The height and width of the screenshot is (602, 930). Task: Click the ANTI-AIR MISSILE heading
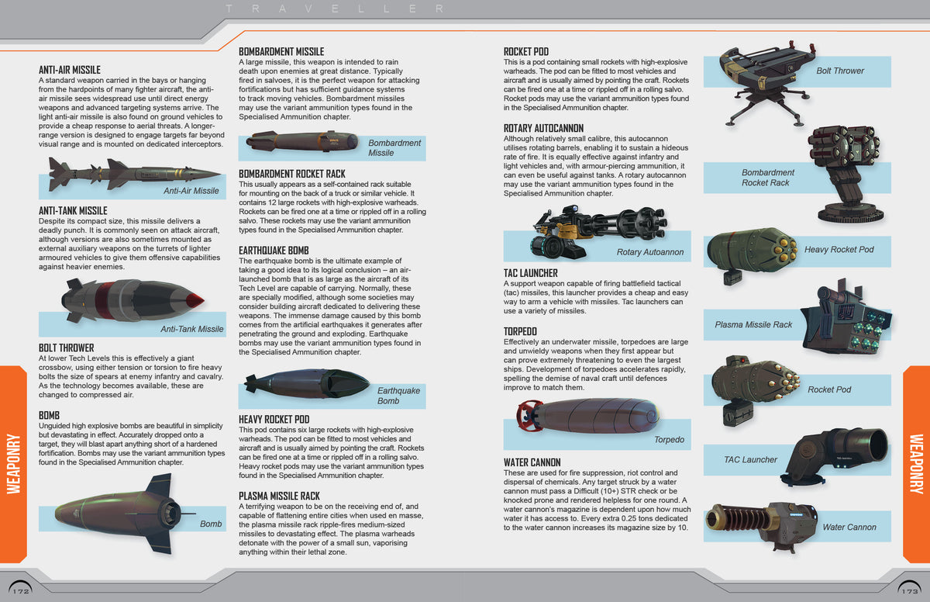[70, 70]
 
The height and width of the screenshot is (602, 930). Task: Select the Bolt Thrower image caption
[839, 71]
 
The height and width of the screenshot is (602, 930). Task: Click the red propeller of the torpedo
[529, 414]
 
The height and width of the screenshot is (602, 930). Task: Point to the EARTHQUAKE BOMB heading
[274, 251]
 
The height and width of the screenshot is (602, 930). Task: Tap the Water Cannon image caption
[849, 528]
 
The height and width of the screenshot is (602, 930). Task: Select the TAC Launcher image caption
[750, 459]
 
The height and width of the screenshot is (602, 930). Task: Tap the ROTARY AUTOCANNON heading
[543, 128]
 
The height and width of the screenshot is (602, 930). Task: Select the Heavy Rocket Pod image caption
[839, 250]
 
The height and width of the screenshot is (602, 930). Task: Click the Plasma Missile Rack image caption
[753, 324]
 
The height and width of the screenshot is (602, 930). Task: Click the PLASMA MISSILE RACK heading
[279, 496]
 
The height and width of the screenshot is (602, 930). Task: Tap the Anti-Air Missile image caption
[191, 191]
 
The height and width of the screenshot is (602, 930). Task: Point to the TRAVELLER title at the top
[334, 9]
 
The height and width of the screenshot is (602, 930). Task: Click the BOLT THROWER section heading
[66, 348]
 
